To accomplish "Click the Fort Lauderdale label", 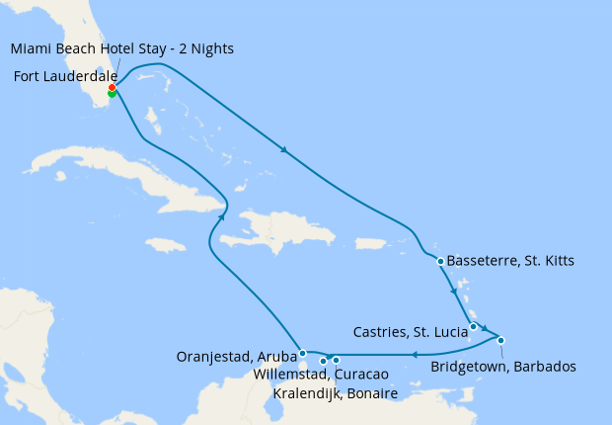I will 62,75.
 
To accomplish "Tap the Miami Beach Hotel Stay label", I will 122,49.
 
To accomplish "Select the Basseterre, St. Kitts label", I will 510,261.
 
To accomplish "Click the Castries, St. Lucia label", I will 410,331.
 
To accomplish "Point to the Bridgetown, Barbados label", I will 503,367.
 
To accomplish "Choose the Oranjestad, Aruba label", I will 236,356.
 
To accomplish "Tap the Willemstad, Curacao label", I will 319,375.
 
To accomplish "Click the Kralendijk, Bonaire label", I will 336,393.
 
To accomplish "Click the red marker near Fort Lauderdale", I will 113,88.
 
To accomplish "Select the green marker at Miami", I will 112,95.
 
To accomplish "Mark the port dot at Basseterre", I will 440,261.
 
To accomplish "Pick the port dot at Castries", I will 474,327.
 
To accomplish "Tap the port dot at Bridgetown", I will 501,340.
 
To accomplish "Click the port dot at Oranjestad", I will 302,353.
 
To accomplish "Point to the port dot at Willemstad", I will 323,361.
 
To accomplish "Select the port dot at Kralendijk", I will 337,360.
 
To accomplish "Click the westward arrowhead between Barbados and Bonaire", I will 416,354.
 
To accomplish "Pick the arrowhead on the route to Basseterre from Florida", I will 285,151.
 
